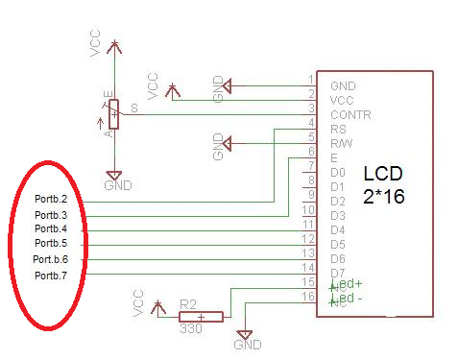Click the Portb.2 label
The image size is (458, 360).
[x=50, y=201]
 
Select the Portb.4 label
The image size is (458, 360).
[x=50, y=229]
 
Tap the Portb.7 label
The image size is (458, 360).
[x=50, y=276]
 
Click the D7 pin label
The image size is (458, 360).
[x=337, y=273]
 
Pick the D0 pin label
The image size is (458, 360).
[x=337, y=172]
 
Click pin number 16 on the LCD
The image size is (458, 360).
[x=307, y=297]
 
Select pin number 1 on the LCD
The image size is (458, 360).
[x=310, y=79]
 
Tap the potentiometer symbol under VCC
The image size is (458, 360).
[x=114, y=114]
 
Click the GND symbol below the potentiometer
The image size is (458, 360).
[x=114, y=178]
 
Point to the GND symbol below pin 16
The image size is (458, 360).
[x=245, y=338]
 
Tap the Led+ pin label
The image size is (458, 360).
[x=346, y=284]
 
